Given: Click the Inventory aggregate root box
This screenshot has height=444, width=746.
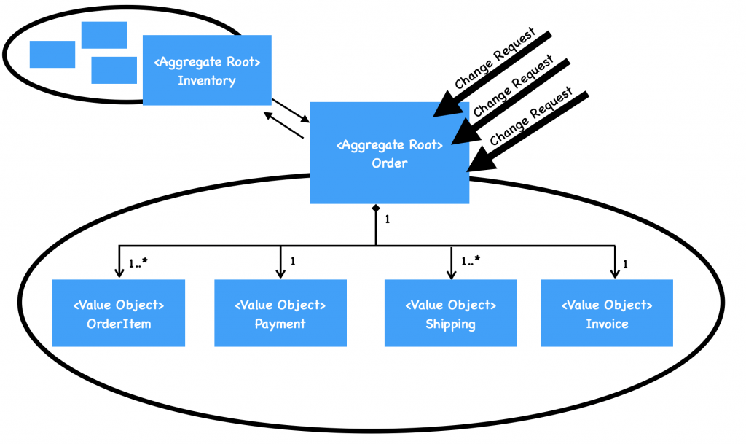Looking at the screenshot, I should click(207, 70).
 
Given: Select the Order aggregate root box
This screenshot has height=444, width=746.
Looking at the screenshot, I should click(389, 153).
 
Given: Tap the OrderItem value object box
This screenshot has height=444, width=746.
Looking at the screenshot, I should click(118, 313).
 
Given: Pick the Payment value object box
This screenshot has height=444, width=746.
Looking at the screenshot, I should click(280, 313).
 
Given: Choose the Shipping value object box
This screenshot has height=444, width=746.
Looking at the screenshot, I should click(450, 313).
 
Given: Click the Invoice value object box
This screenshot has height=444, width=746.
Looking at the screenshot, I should click(607, 313).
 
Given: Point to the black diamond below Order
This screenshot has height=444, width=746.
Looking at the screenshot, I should click(375, 210).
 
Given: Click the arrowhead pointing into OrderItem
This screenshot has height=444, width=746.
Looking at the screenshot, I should click(118, 273).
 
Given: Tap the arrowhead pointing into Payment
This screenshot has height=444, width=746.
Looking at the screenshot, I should click(280, 273).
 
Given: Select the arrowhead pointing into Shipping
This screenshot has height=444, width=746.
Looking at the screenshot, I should click(451, 273).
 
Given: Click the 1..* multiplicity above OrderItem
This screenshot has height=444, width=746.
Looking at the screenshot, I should click(138, 261).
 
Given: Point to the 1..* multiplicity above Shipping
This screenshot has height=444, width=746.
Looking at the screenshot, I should click(471, 260).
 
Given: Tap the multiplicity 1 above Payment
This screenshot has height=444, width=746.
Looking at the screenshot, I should click(293, 260).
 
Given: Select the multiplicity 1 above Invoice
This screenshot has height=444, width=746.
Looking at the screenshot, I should click(626, 264).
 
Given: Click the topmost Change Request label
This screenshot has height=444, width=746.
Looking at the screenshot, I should click(494, 58).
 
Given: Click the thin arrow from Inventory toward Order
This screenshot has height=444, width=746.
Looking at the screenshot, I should click(290, 112).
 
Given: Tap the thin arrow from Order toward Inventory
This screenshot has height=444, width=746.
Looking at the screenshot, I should click(284, 125).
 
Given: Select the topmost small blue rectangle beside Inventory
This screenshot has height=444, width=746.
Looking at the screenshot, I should click(104, 35).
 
